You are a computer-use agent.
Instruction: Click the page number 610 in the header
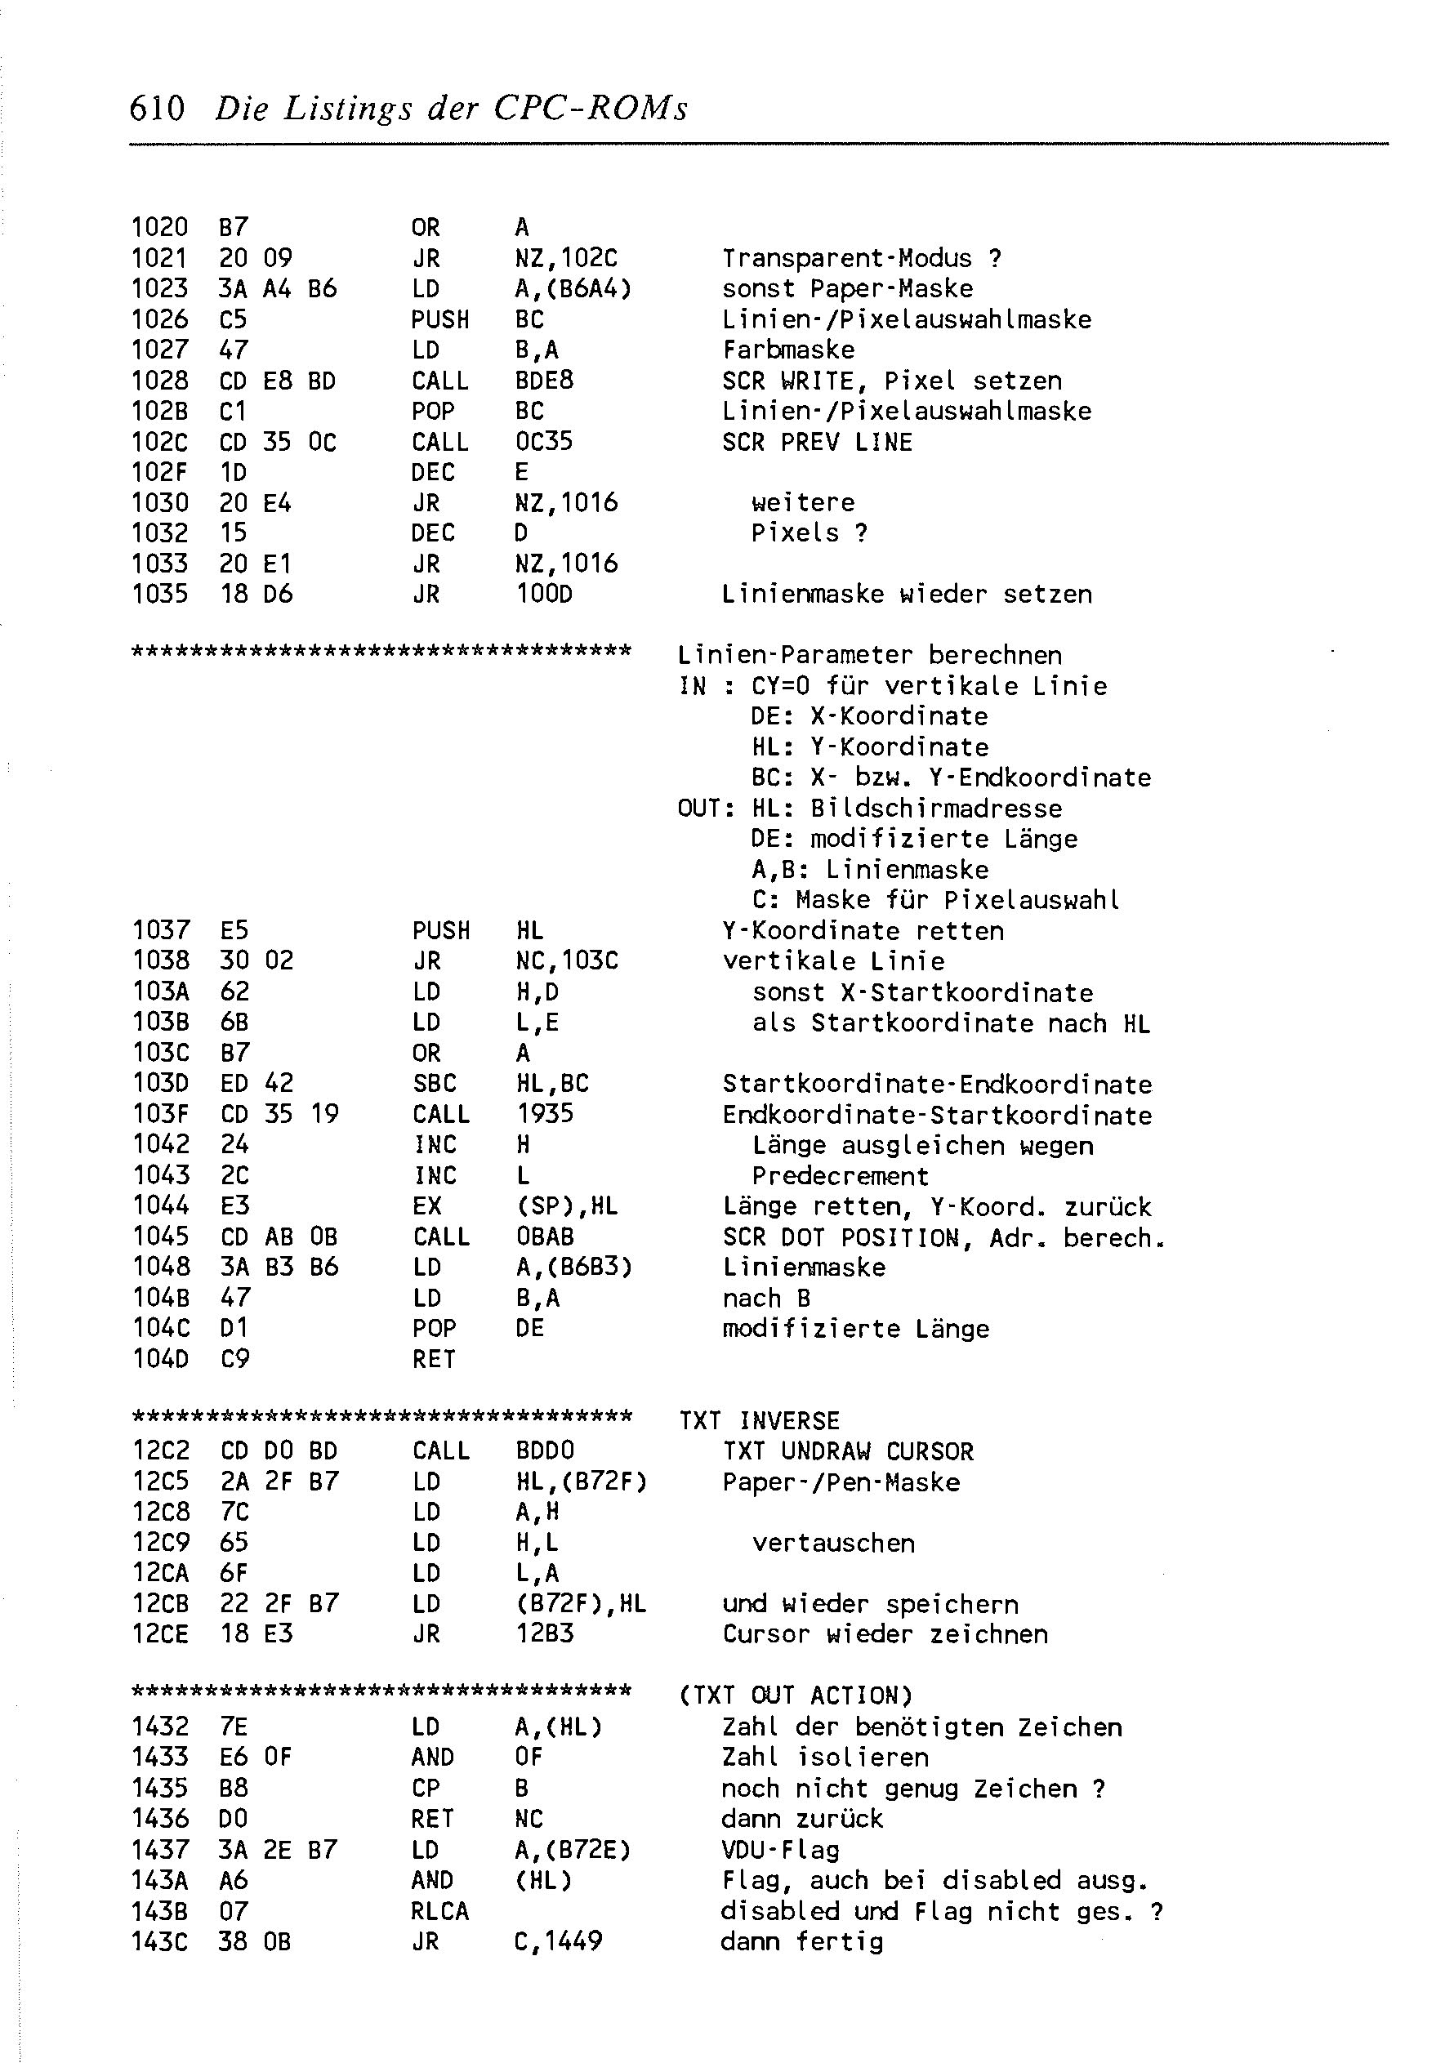point(158,109)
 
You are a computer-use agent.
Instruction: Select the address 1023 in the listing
point(159,288)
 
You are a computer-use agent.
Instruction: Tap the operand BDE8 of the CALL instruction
point(544,381)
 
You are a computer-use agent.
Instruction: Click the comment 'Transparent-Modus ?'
point(862,259)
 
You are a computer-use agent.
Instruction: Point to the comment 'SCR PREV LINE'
point(817,442)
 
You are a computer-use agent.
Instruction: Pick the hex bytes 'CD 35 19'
point(279,1114)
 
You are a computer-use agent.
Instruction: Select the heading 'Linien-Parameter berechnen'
point(869,655)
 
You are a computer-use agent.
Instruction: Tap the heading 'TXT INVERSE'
point(760,1420)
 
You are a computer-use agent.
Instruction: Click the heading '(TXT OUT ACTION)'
point(795,1695)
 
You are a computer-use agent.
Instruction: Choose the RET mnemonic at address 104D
point(434,1360)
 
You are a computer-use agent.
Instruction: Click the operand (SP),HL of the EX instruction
point(566,1205)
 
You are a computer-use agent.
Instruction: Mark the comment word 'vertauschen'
point(833,1543)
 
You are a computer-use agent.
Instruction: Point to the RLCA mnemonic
point(439,1911)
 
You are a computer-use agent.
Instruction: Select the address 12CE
point(160,1634)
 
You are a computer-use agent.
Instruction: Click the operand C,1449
point(558,1941)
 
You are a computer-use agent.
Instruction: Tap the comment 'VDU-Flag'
point(780,1850)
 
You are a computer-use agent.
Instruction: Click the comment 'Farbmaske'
point(788,350)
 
